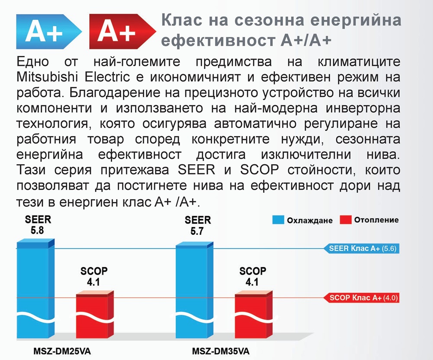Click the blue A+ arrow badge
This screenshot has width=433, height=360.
[48, 32]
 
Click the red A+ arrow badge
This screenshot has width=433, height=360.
[123, 32]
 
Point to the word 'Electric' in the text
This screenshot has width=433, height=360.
[107, 77]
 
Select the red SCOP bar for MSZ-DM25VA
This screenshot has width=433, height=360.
[95, 315]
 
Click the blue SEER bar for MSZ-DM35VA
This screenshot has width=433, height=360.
[195, 291]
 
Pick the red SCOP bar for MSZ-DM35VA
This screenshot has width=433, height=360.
[254, 315]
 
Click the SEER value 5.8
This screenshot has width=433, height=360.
[38, 230]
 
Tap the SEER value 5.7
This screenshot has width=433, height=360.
[197, 231]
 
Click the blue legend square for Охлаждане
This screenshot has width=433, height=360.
[278, 220]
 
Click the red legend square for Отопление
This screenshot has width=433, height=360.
[346, 220]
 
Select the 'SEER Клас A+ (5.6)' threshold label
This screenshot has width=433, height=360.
[362, 248]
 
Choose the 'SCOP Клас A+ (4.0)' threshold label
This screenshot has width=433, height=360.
[362, 298]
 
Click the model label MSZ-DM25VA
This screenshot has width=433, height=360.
[62, 351]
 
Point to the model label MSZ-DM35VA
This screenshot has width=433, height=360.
[221, 351]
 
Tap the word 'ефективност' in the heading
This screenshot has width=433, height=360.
[218, 40]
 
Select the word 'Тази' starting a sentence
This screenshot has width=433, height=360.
[31, 169]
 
